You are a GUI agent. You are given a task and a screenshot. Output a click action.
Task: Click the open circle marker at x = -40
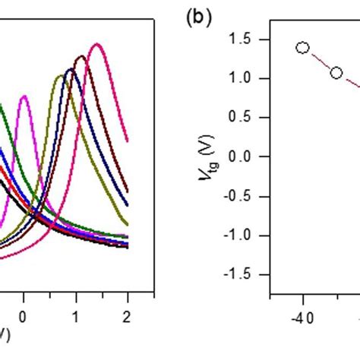click(302, 48)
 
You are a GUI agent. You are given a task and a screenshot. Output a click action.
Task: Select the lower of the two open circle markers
click(336, 73)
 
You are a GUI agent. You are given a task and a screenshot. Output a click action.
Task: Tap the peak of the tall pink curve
click(96, 45)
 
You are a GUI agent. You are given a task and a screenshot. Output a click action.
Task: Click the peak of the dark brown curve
click(81, 56)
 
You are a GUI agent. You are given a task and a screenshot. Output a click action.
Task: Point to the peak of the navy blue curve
click(71, 69)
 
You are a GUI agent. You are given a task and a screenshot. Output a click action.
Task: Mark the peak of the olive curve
click(60, 75)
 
